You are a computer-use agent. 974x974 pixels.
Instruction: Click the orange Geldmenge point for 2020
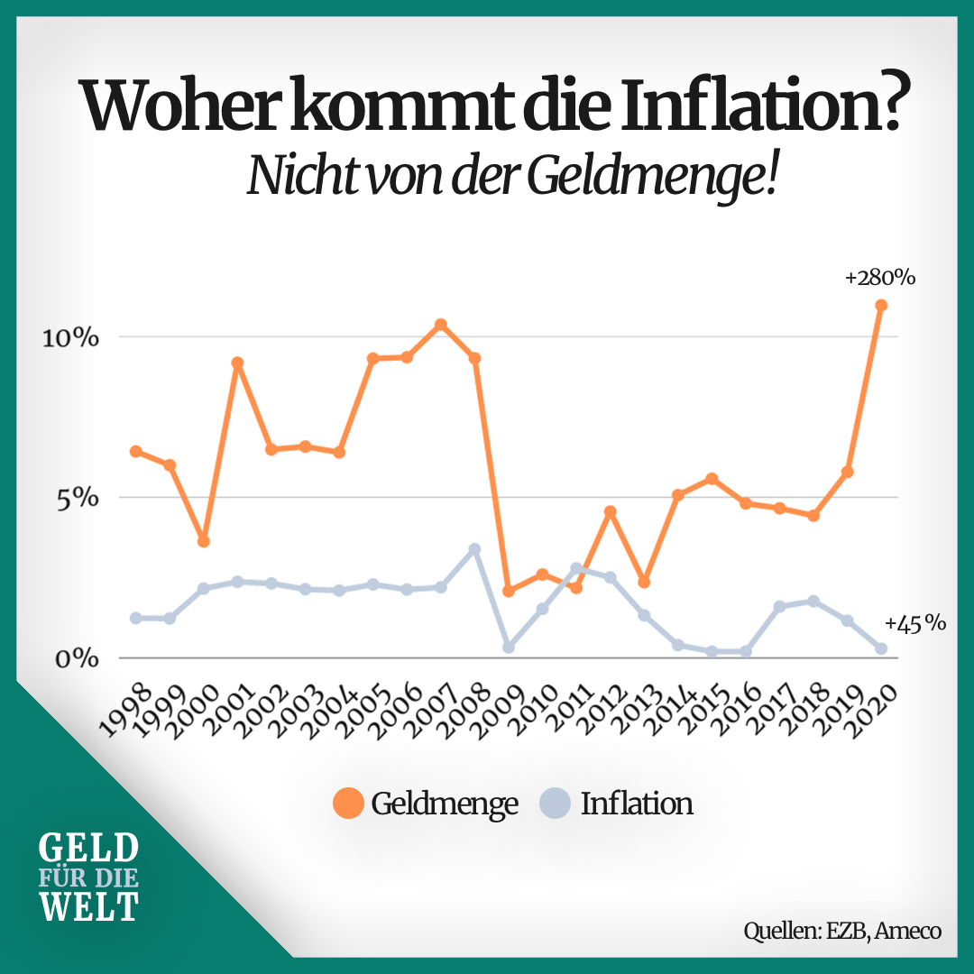(881, 306)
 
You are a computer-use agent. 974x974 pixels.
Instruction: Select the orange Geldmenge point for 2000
(204, 541)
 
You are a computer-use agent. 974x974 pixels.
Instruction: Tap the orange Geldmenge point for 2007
(440, 325)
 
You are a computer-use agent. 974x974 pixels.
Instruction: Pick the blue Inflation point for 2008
(474, 549)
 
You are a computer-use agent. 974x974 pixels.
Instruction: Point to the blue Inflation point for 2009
(509, 647)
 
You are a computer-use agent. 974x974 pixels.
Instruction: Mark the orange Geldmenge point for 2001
(237, 363)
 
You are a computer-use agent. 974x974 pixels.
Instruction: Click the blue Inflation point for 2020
(881, 648)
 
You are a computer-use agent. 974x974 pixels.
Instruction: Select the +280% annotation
(879, 279)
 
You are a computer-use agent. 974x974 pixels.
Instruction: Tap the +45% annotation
(915, 622)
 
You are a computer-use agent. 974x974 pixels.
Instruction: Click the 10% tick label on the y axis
(70, 338)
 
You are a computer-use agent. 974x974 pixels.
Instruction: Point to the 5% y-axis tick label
(76, 498)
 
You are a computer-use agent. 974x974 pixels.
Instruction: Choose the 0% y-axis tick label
(76, 658)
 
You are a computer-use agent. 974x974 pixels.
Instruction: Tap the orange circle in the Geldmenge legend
(348, 803)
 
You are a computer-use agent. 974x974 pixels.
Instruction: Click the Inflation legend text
(637, 803)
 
